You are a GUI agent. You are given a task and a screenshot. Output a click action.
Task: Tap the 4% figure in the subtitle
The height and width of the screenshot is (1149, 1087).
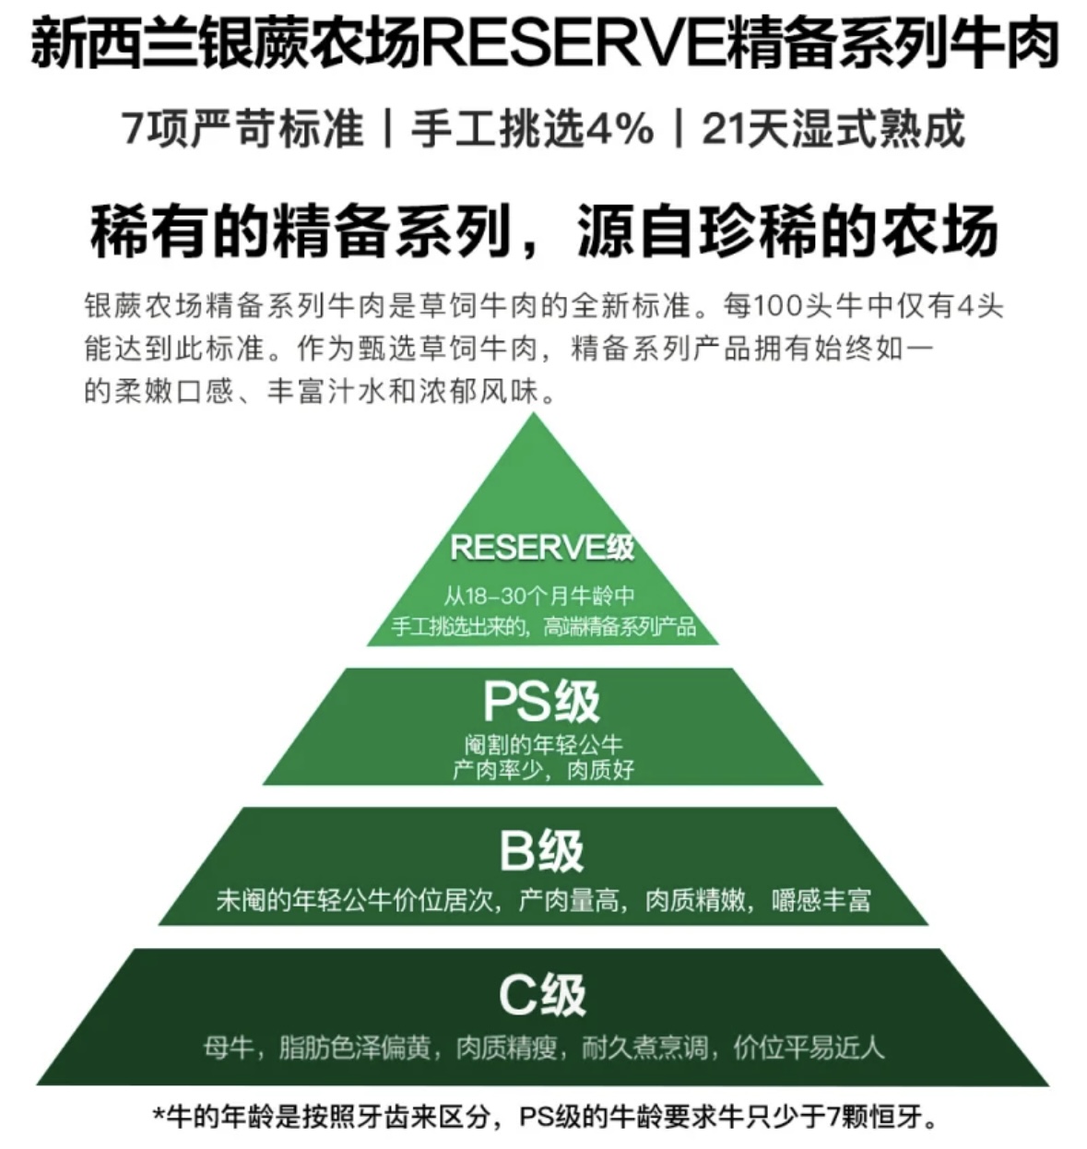[620, 128]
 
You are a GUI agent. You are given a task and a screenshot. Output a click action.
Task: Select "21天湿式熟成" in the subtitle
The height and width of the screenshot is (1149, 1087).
[833, 128]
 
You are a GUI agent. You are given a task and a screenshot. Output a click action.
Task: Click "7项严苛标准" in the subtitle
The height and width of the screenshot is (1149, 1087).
[242, 128]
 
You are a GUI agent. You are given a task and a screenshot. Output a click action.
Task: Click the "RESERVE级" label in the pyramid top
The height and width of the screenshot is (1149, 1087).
[542, 548]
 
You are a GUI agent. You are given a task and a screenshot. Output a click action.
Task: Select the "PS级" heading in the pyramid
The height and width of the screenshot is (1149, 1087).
[542, 702]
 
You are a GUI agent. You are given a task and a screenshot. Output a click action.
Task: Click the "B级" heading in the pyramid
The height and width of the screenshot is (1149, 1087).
[542, 850]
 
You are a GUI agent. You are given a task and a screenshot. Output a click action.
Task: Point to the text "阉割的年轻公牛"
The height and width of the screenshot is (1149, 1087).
[544, 744]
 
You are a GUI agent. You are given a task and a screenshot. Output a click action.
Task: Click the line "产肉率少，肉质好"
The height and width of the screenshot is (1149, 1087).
[544, 770]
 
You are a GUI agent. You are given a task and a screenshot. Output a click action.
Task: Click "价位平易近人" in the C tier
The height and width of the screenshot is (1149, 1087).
[809, 1048]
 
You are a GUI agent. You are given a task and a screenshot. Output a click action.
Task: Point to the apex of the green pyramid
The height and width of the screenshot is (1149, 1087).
[534, 414]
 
